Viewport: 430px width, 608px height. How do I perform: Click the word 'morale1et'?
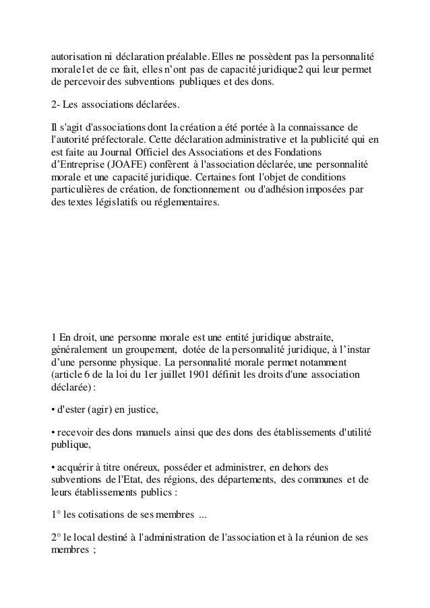[x=74, y=70]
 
